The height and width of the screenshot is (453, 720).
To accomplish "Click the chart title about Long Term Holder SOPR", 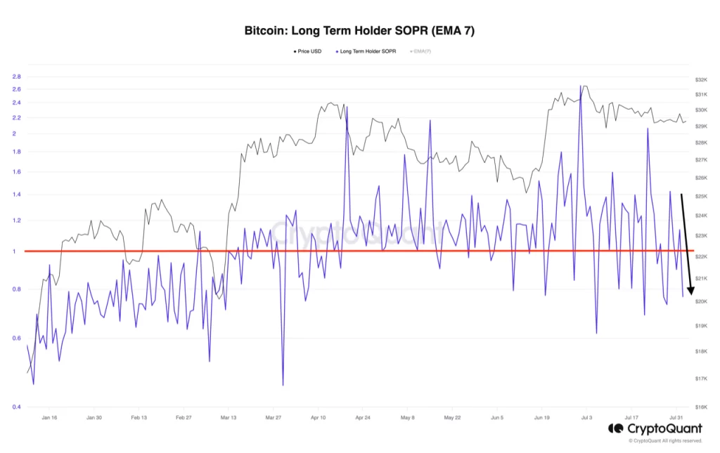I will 359,31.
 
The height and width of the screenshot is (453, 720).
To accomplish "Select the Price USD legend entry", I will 307,51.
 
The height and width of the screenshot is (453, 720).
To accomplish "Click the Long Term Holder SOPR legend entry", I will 366,51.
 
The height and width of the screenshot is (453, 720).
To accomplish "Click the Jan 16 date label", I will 49,417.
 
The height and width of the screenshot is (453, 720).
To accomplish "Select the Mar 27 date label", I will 273,417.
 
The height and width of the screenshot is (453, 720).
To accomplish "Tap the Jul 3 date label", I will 587,417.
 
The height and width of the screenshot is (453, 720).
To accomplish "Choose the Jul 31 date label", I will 676,417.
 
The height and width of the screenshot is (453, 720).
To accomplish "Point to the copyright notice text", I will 665,441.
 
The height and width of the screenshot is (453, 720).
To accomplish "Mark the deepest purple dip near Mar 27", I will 283,385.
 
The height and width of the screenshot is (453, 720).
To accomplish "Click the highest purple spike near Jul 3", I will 581,86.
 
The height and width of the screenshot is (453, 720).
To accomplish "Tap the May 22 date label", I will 452,417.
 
